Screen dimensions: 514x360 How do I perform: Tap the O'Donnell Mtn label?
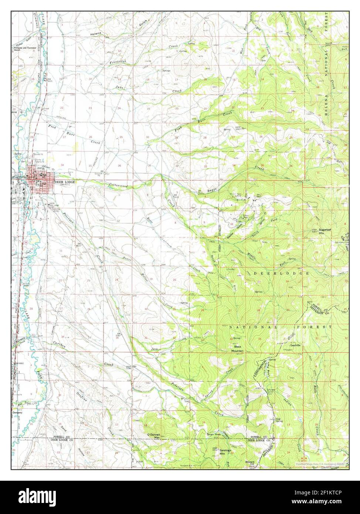pos(153,436)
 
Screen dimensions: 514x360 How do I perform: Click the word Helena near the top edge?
pos(95,34)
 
